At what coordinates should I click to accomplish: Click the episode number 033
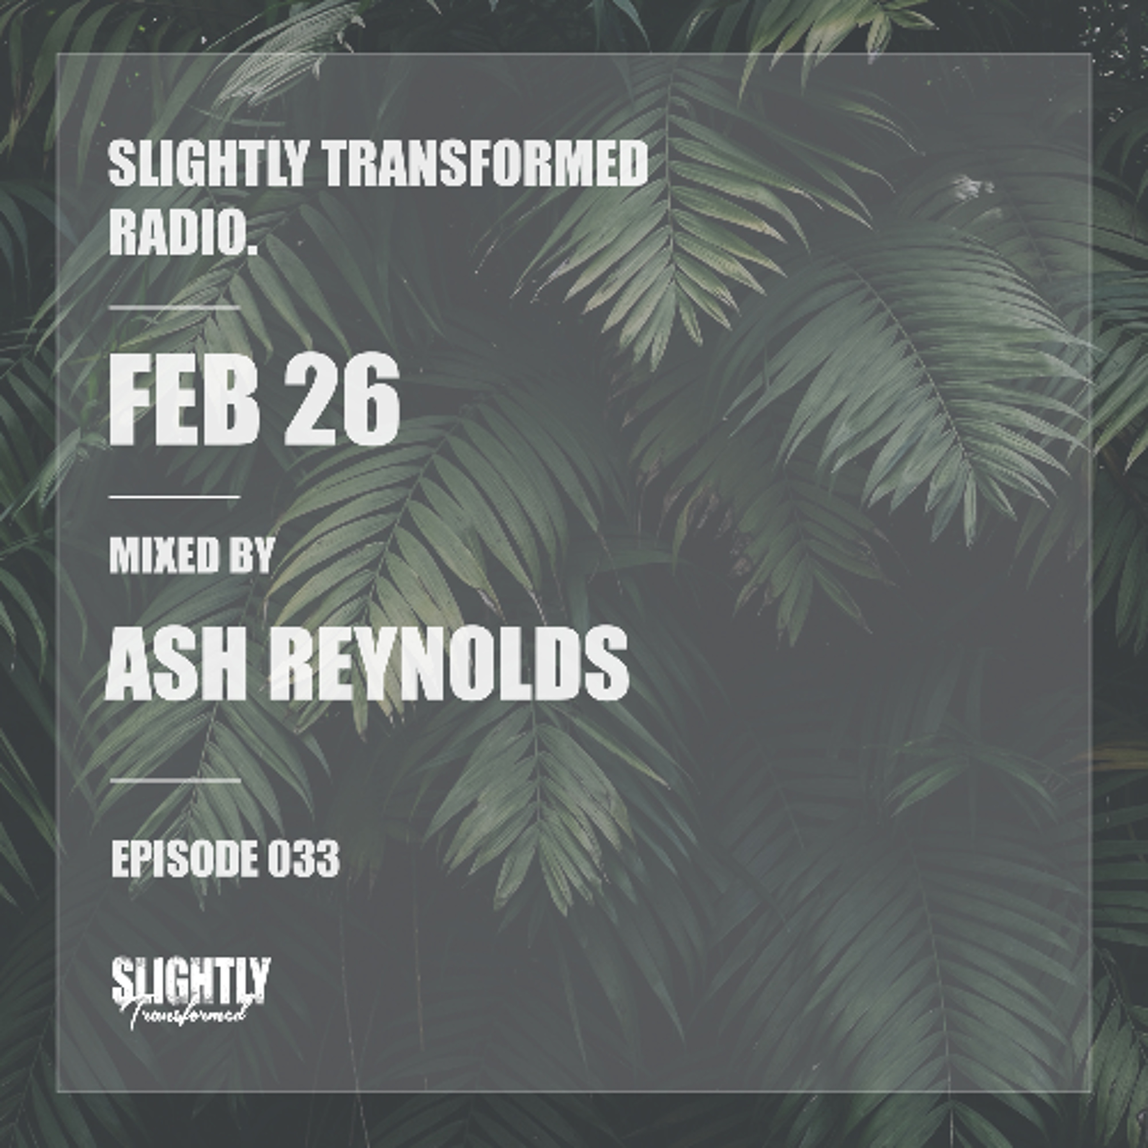coord(303,858)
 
